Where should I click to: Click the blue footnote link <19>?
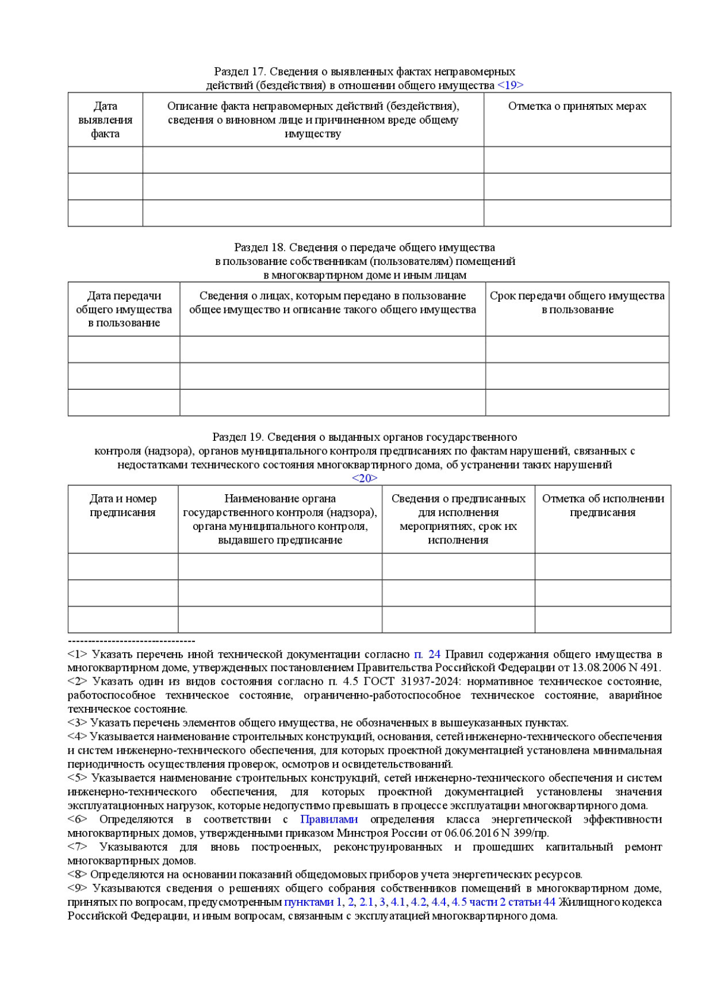[510, 85]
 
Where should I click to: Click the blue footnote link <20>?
[364, 478]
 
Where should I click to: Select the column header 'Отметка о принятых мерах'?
[577, 106]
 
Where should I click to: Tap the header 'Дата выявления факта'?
[105, 119]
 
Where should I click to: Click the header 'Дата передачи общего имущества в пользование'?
[124, 309]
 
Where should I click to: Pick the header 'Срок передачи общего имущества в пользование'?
[577, 302]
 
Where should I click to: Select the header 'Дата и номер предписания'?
[123, 505]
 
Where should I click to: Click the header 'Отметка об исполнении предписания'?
[602, 505]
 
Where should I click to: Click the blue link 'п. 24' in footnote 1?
[427, 654]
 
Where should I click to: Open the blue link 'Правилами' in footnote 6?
[329, 819]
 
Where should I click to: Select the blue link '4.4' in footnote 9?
[438, 902]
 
